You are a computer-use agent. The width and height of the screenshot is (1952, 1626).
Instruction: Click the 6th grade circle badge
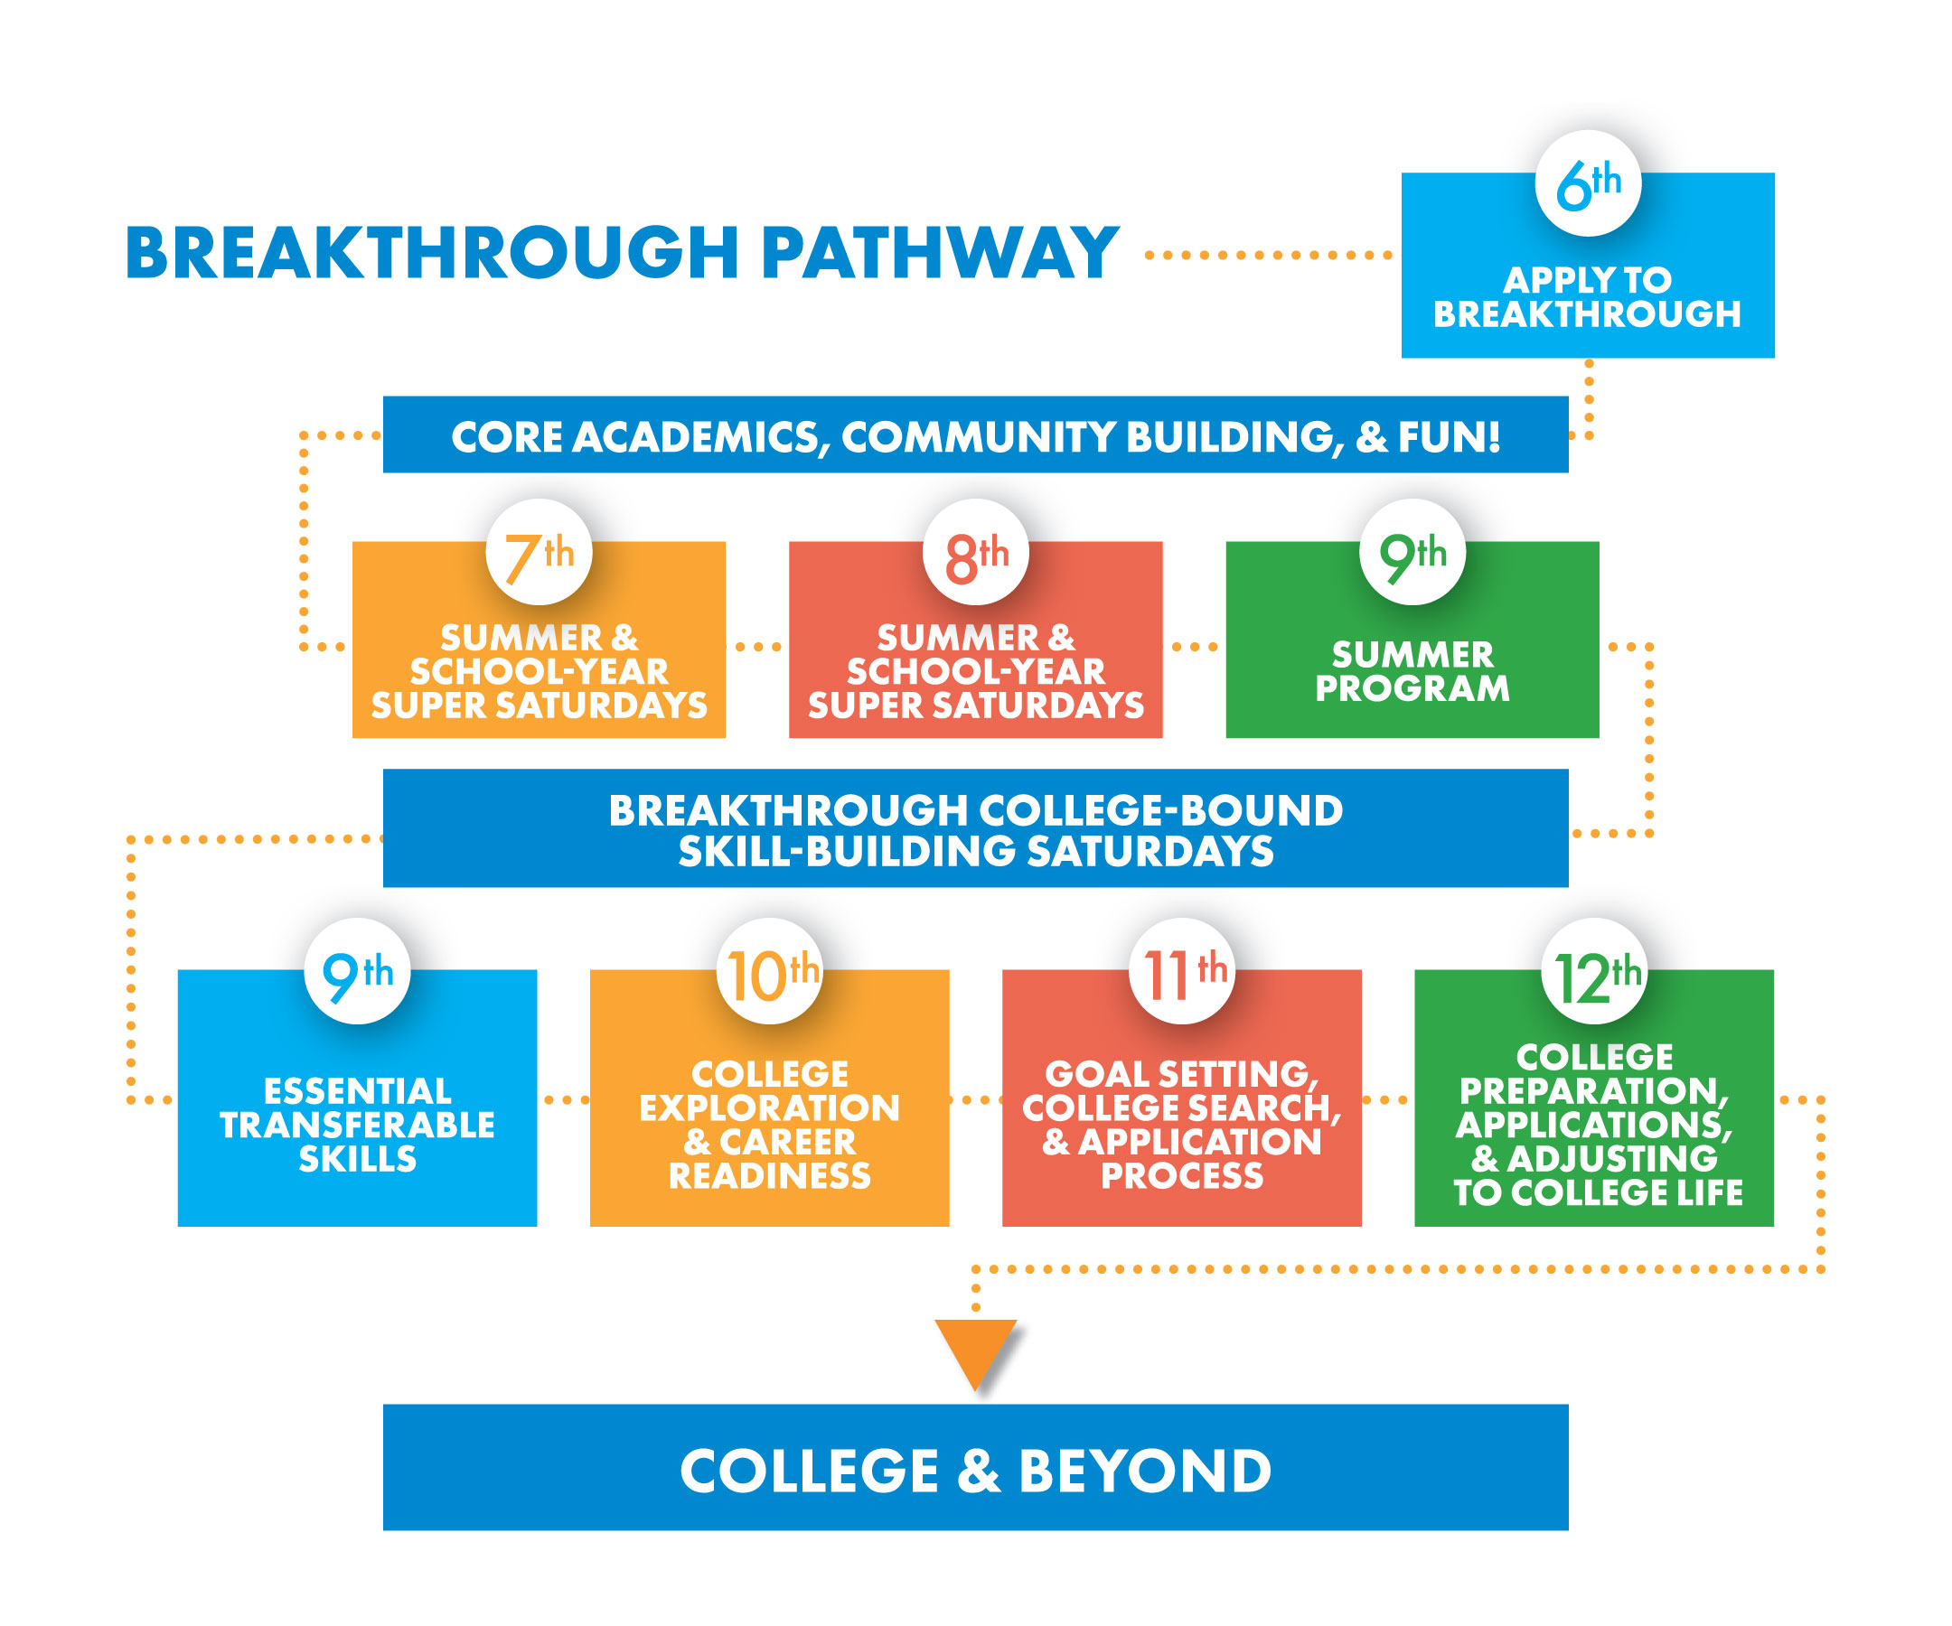[1588, 184]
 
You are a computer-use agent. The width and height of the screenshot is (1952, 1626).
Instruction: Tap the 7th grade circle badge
[540, 553]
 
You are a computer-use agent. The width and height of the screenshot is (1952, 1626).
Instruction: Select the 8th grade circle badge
[976, 553]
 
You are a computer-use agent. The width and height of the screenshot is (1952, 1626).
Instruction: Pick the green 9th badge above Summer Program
[1412, 553]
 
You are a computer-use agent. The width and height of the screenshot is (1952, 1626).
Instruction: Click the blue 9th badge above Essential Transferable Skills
[358, 972]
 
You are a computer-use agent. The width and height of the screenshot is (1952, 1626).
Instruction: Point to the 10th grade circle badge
[770, 972]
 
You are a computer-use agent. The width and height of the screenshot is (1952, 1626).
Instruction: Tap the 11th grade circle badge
[1182, 972]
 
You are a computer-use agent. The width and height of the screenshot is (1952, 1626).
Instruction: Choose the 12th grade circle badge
[1594, 972]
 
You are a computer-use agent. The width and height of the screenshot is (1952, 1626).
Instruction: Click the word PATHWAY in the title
[941, 253]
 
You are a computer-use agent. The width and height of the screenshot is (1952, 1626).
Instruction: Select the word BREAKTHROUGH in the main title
[432, 253]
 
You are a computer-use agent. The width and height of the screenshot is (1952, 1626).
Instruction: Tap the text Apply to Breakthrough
[1588, 297]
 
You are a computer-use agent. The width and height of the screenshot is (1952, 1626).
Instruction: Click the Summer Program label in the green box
[1412, 672]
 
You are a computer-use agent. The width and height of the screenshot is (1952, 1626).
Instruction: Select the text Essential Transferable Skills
[358, 1126]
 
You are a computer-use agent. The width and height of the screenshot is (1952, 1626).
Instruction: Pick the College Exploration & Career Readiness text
[770, 1126]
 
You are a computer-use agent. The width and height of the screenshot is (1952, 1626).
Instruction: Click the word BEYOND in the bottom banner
[1145, 1472]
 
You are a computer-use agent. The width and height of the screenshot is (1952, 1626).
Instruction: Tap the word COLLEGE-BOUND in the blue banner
[1161, 811]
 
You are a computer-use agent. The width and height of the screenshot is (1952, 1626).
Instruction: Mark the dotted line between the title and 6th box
[1269, 255]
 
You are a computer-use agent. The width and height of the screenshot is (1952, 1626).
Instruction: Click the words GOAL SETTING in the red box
[1182, 1075]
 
